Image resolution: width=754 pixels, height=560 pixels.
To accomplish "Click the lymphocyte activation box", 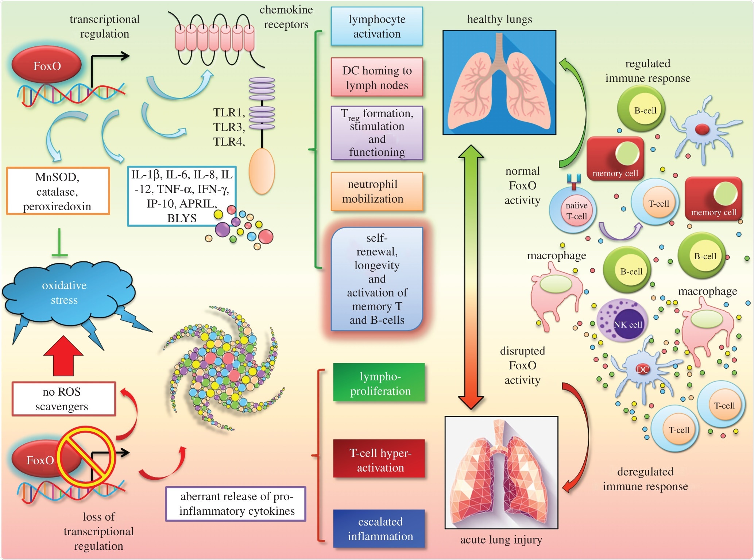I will [x=377, y=26].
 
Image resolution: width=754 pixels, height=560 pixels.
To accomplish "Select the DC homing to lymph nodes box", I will [x=377, y=77].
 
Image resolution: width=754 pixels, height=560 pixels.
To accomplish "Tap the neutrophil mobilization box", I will [x=377, y=192].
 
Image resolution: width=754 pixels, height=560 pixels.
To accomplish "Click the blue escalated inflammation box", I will [x=379, y=529].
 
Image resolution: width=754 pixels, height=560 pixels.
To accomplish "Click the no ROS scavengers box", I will [x=63, y=399].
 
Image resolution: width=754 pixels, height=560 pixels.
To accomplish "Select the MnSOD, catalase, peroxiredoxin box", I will [x=58, y=191].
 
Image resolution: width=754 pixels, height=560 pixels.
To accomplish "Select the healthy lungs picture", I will [x=499, y=83].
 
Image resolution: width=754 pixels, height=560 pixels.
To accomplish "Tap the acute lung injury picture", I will [x=501, y=472].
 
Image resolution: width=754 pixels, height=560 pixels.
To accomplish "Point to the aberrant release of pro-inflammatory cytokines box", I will [x=236, y=503].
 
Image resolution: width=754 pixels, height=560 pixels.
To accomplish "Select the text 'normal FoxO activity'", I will [x=522, y=185].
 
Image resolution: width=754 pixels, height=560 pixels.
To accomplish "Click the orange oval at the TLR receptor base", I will [x=262, y=171].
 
